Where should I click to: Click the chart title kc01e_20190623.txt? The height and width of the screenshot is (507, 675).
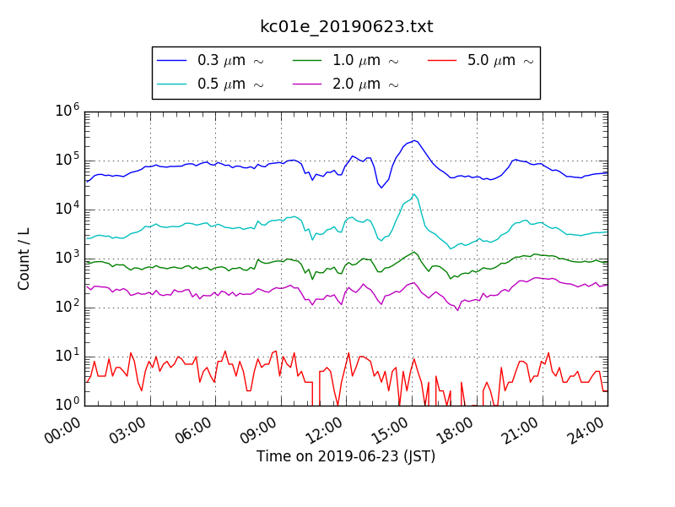[x=346, y=27]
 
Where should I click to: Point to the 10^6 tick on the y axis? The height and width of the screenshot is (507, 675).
[x=68, y=111]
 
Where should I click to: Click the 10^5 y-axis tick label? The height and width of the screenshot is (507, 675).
[x=68, y=160]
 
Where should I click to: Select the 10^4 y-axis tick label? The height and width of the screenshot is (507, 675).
[x=68, y=209]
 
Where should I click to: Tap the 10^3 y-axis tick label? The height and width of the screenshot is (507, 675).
[x=68, y=258]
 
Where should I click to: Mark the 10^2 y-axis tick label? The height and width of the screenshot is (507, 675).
[x=68, y=307]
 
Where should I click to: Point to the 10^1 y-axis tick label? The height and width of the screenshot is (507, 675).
[x=68, y=356]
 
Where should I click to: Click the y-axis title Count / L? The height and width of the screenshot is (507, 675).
[x=24, y=259]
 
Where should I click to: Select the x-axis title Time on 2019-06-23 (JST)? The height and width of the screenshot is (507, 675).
[x=346, y=457]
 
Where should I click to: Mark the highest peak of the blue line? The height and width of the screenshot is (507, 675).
[x=414, y=140]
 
